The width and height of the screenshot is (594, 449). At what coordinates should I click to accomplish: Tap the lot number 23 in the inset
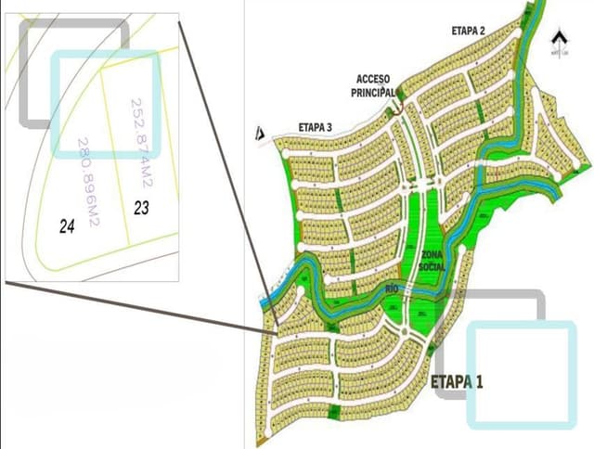coord(141,208)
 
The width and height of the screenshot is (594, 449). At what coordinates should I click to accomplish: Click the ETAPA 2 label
coord(469,31)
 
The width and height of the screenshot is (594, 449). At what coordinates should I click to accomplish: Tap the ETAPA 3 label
coord(316,127)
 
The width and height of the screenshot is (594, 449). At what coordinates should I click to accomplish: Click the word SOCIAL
coord(433,267)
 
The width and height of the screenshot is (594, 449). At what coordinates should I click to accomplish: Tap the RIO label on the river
coord(393,289)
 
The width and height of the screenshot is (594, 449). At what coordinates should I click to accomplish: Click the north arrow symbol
coord(558,40)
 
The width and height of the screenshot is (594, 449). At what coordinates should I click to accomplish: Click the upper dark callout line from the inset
coord(228,176)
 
